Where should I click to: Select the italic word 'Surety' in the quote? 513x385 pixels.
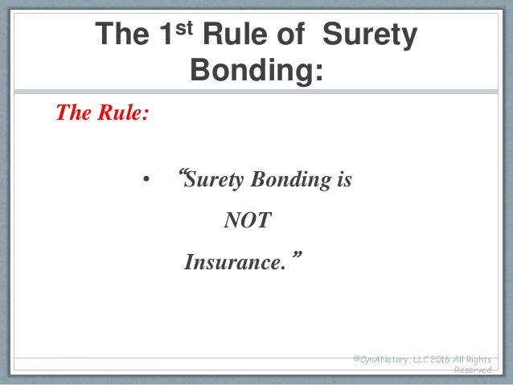pos(215,181)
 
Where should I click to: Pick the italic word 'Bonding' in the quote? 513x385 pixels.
pos(292,181)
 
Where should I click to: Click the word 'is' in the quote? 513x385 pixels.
pos(343,180)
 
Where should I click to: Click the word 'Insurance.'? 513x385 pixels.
pos(235,262)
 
